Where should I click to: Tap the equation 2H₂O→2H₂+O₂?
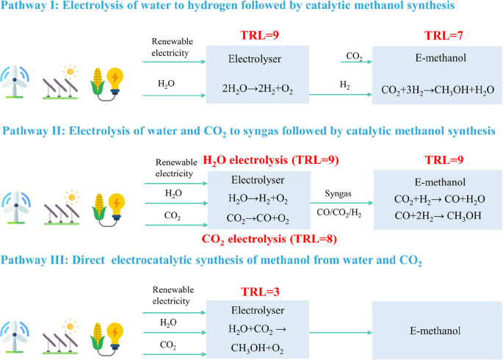coord(253,90)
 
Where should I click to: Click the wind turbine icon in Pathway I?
coord(16,81)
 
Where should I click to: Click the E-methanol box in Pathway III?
coord(435,331)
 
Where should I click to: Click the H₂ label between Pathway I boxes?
coord(344,86)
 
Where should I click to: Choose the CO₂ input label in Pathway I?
coord(353,55)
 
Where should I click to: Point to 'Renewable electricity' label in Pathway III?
coord(172,293)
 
